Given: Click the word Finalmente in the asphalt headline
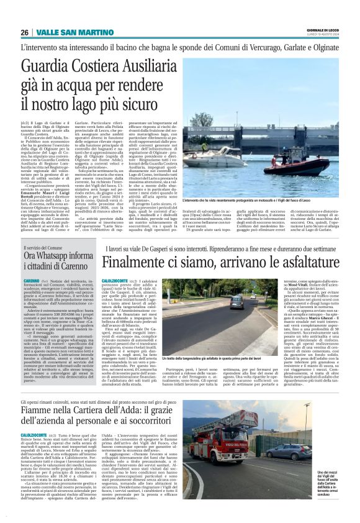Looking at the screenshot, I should [x=140, y=261].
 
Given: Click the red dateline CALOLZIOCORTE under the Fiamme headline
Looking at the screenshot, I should [x=37, y=435].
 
